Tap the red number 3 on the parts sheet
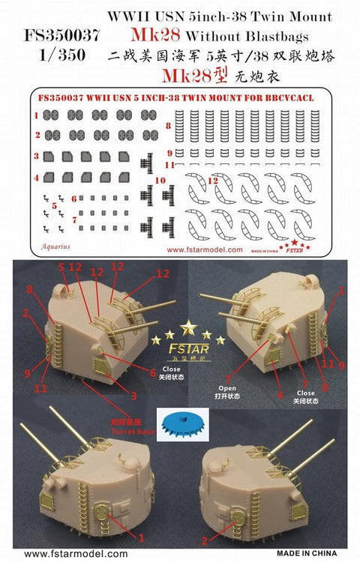(36, 157)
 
